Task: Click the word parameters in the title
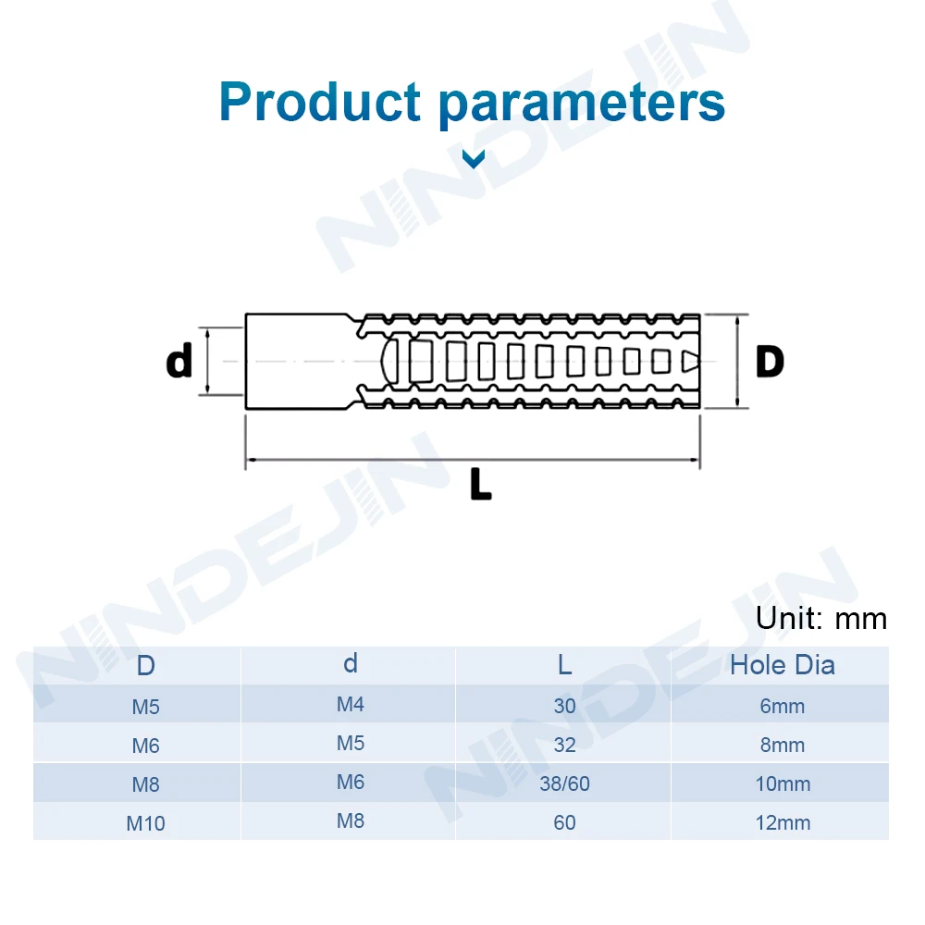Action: (582, 103)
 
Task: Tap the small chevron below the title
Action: (474, 160)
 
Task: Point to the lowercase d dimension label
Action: (179, 362)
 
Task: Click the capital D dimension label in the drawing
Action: (769, 362)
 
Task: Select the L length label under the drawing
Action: (480, 484)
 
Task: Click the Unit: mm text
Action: (820, 618)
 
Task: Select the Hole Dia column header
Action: (782, 665)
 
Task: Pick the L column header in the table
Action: (564, 665)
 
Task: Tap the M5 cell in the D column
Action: (145, 708)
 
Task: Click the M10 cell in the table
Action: (145, 823)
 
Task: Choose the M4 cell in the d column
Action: (351, 705)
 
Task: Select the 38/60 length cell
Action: (564, 784)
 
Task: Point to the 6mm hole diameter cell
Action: (783, 707)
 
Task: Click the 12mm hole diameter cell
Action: (783, 822)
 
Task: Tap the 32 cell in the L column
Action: (564, 746)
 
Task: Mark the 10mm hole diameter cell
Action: (783, 784)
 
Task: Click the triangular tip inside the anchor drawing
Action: (690, 361)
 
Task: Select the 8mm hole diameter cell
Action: (783, 746)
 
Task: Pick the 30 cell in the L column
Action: (564, 707)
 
